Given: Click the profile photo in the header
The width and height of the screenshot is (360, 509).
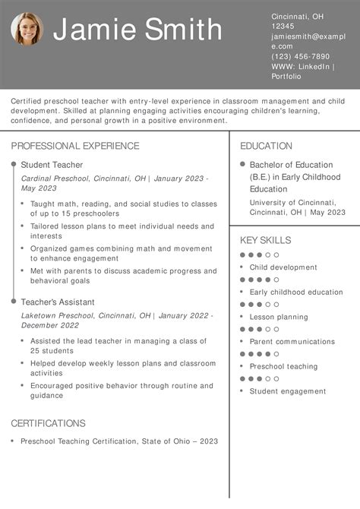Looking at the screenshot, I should point(27,29).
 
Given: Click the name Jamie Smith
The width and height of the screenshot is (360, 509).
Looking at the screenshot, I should point(137,30).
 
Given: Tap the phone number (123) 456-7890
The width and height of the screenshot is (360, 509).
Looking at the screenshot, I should point(301,56).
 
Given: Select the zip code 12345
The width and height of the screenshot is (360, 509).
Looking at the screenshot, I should point(283,26).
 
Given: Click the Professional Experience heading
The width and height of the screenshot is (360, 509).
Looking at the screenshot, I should point(75,146).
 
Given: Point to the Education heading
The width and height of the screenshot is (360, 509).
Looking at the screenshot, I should point(266,146).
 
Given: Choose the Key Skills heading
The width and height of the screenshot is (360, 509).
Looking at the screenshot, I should point(265,240).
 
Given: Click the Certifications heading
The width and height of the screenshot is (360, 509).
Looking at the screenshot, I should point(48,423).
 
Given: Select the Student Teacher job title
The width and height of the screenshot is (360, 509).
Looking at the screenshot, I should point(52,165).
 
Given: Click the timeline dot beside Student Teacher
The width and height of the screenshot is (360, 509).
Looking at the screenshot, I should point(14,164).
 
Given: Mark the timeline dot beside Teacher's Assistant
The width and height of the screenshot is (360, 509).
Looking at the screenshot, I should point(14,302).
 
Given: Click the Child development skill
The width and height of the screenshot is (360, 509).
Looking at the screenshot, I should point(283,267).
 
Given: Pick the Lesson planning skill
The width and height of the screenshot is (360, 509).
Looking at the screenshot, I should point(279,317).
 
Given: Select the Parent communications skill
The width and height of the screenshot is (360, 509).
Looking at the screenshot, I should point(292,342).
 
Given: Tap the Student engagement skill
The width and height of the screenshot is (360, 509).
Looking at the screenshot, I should point(288,391).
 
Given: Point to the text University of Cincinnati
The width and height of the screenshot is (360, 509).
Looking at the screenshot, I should point(292,202).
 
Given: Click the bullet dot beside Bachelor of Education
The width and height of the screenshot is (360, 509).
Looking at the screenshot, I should point(242,164).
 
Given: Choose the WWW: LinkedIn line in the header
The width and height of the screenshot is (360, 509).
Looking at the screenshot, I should point(303,66).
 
